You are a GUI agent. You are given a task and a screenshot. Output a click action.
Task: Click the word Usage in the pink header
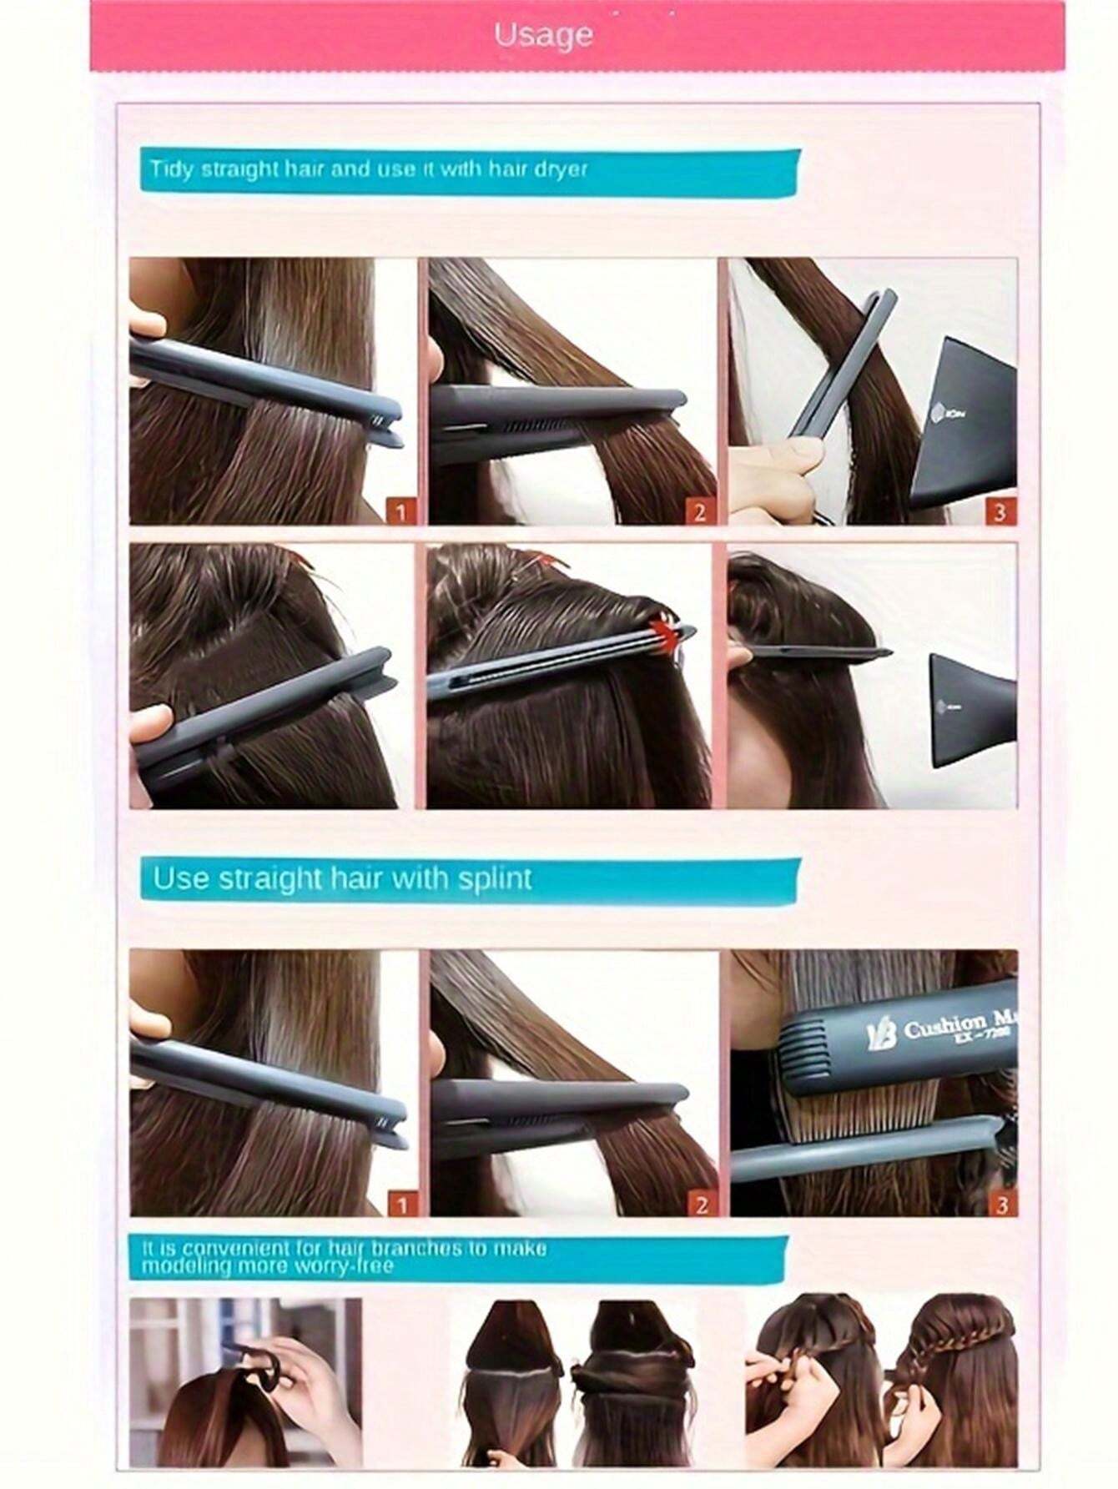coord(543,35)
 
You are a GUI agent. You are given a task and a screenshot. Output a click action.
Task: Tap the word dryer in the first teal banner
coord(562,169)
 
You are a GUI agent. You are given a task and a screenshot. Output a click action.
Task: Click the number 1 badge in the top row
coord(401,511)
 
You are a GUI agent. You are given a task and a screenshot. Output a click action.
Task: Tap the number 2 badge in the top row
coord(699,511)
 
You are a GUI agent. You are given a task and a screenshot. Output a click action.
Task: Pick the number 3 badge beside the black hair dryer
coord(1000,511)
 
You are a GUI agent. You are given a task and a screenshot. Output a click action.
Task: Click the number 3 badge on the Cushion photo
coord(1001,1203)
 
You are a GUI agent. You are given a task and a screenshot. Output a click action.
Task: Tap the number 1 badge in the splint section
coord(402,1204)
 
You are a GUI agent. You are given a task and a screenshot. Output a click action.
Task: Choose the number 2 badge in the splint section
coord(700,1204)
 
